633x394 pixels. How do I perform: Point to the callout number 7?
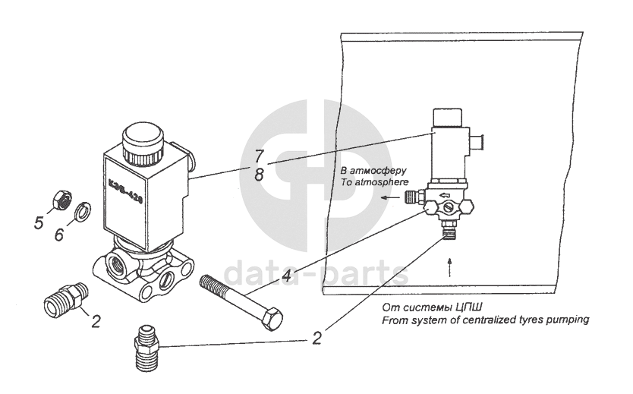pyautogui.click(x=260, y=157)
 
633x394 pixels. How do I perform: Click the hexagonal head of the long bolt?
pyautogui.click(x=271, y=319)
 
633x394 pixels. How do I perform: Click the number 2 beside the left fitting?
pyautogui.click(x=96, y=320)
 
